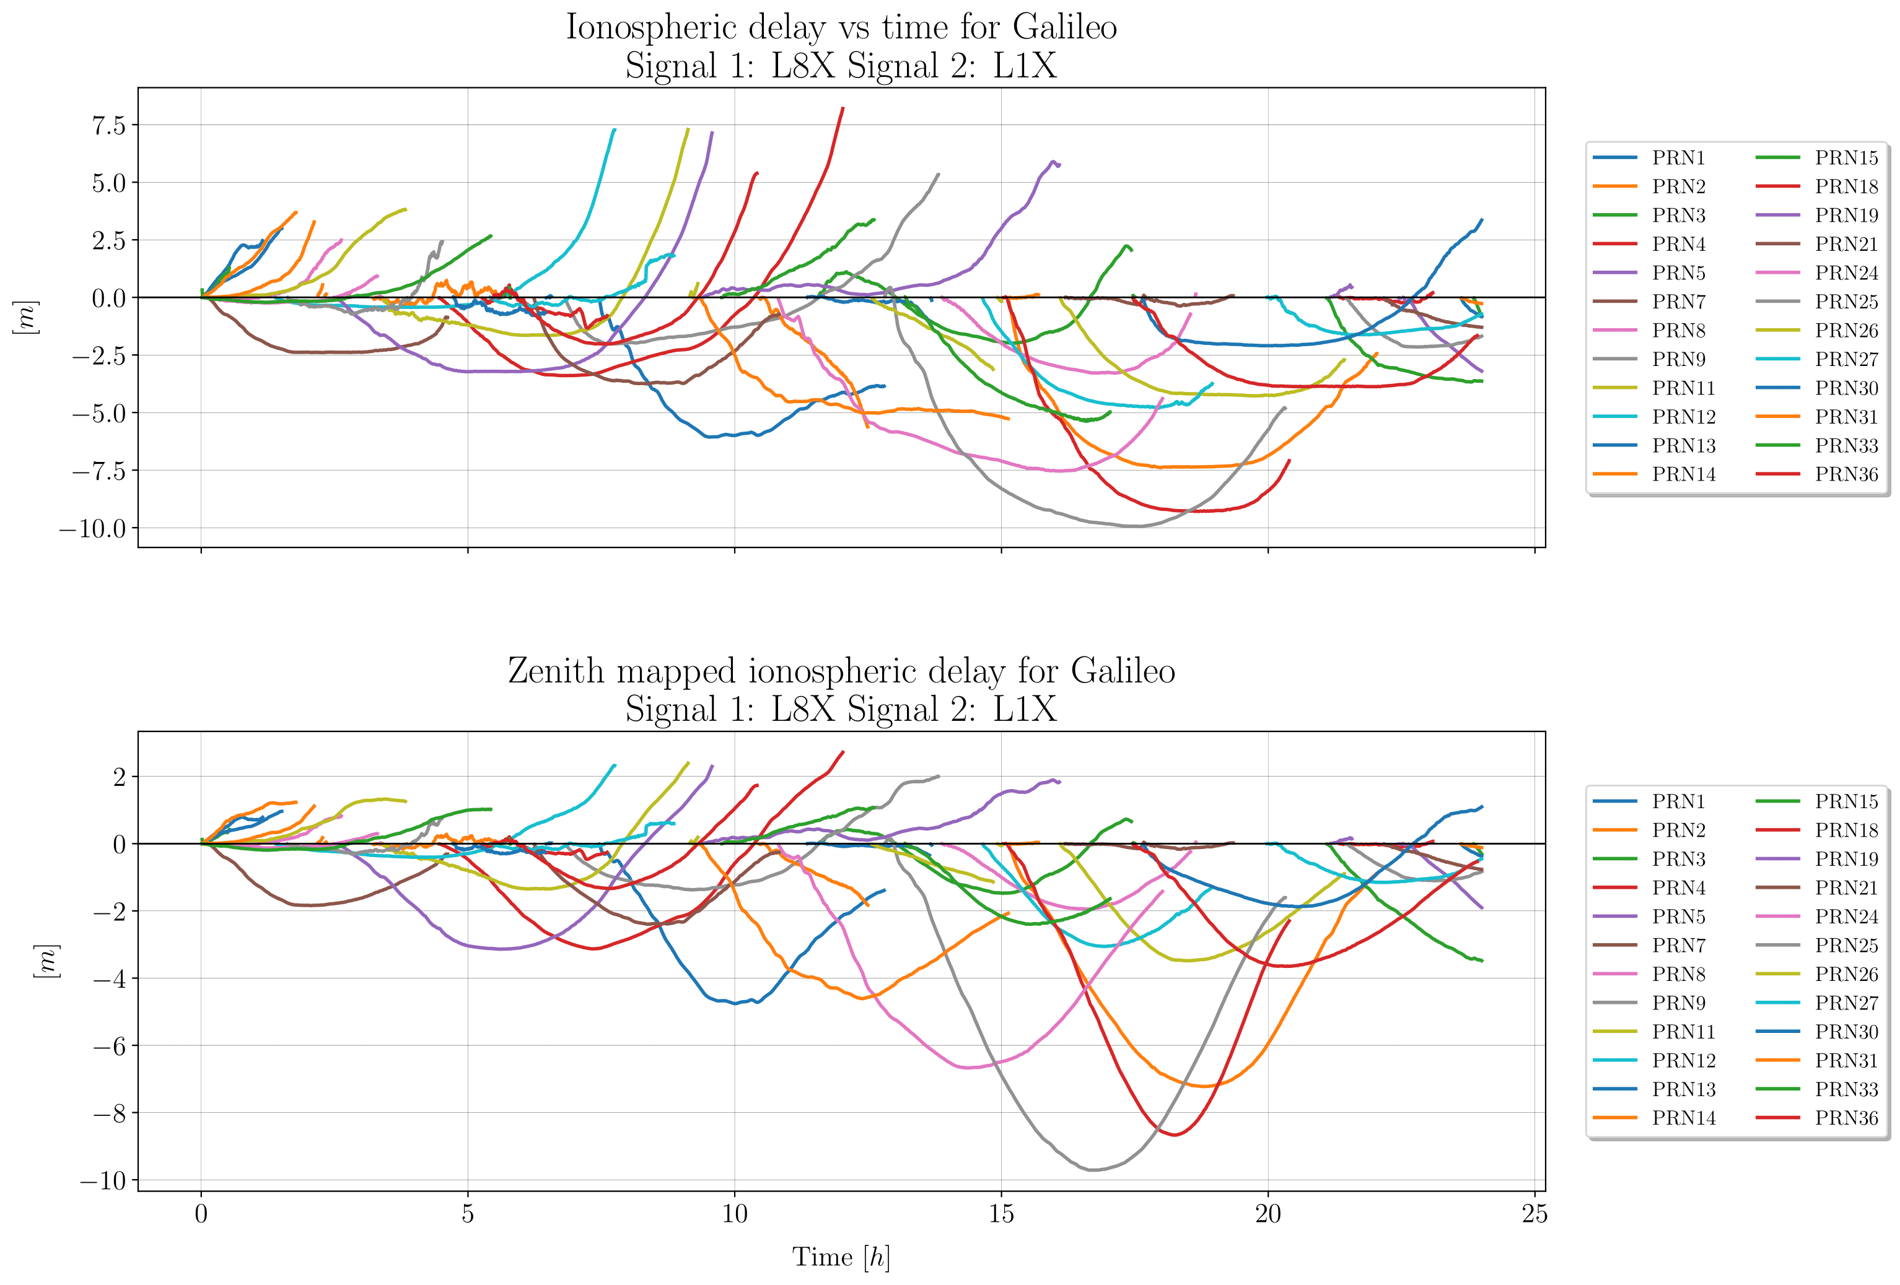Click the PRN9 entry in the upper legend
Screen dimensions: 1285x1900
pyautogui.click(x=1678, y=359)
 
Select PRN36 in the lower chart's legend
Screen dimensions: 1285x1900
pyautogui.click(x=1846, y=1117)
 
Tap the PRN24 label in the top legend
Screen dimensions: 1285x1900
pyautogui.click(x=1846, y=273)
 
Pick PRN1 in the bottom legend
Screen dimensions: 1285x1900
pyautogui.click(x=1678, y=801)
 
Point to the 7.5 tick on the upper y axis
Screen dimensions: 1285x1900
pyautogui.click(x=109, y=125)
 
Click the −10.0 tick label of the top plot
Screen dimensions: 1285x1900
pyautogui.click(x=92, y=528)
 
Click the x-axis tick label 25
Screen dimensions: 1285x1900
pyautogui.click(x=1534, y=1214)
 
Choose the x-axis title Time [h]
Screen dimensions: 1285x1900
pyautogui.click(x=841, y=1257)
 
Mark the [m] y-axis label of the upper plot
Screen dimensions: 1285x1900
pyautogui.click(x=25, y=317)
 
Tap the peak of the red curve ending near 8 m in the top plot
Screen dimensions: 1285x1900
pyautogui.click(x=843, y=108)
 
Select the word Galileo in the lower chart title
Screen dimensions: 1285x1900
pyautogui.click(x=1123, y=671)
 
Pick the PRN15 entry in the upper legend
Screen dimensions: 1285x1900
pyautogui.click(x=1846, y=158)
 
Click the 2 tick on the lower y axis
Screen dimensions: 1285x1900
pyautogui.click(x=120, y=777)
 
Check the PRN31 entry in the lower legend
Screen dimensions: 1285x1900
pyautogui.click(x=1846, y=1060)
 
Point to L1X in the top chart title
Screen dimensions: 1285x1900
pyautogui.click(x=1025, y=66)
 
